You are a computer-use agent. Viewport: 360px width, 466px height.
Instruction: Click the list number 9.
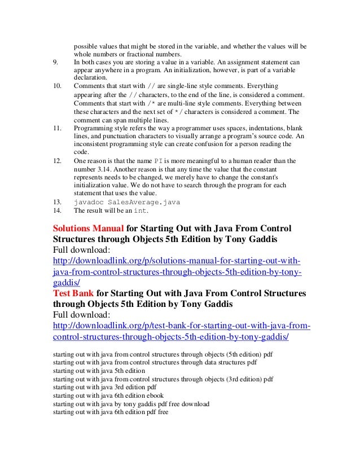click(54, 61)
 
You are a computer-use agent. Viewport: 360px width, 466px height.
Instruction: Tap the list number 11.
click(56, 128)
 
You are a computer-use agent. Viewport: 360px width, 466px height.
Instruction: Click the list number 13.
click(56, 201)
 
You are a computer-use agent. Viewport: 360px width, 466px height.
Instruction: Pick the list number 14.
click(56, 210)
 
